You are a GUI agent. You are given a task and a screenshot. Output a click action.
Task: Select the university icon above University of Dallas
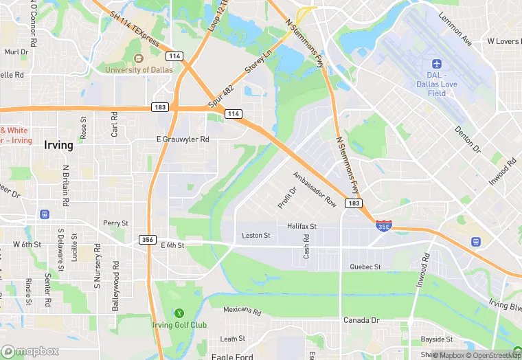tap(137, 58)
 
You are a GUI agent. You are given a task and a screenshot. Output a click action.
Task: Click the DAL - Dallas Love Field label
tap(436, 83)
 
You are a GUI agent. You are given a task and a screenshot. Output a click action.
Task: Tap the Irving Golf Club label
tap(179, 325)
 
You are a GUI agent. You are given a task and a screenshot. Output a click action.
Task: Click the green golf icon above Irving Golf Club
tap(179, 313)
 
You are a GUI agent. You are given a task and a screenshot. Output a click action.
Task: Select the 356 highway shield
tap(146, 240)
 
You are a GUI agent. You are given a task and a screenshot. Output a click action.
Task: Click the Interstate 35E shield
tap(385, 225)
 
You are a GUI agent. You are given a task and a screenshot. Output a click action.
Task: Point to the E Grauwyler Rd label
tap(183, 139)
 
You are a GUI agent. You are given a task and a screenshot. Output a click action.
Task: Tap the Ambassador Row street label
tap(315, 189)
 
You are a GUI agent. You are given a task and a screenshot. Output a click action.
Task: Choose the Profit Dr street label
tap(287, 198)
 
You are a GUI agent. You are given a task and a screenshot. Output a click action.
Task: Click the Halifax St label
tap(301, 226)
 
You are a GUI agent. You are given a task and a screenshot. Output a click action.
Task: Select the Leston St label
tap(256, 236)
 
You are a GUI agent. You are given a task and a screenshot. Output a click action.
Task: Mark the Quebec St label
tap(365, 267)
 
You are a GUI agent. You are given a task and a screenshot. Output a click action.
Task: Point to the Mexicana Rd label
tap(242, 311)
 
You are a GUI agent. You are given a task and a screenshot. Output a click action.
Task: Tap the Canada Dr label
tap(361, 320)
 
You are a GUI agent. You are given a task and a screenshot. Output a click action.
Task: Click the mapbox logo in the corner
tap(30, 351)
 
